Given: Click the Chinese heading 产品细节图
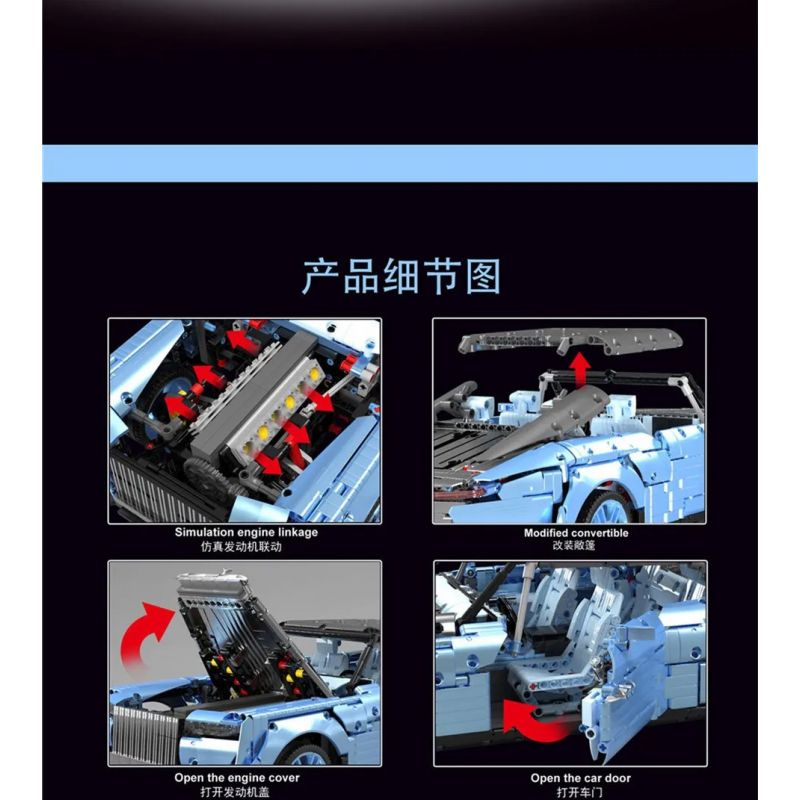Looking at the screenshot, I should (400, 277).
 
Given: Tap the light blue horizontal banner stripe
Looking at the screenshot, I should (400, 163).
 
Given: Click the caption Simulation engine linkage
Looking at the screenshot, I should (245, 533).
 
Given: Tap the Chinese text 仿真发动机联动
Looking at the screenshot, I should (245, 548).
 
